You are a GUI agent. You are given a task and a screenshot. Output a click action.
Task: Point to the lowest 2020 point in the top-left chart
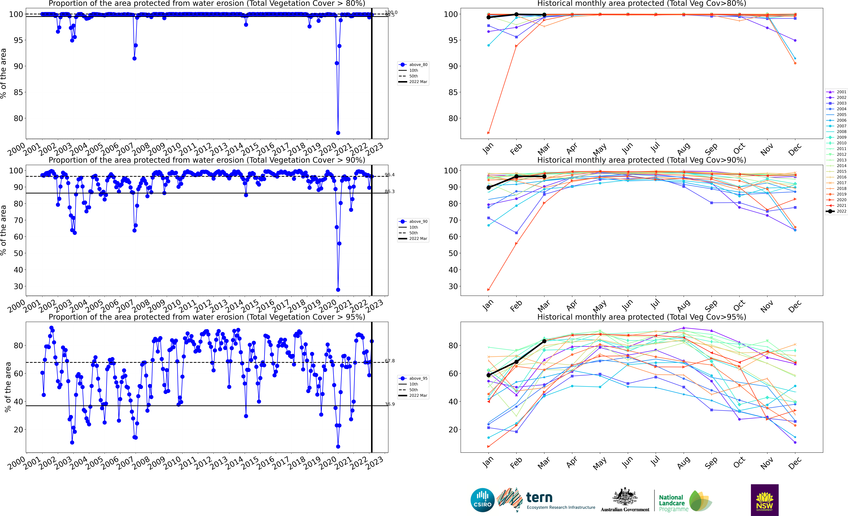338,133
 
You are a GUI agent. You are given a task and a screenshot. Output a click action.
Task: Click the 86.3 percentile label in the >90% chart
390,192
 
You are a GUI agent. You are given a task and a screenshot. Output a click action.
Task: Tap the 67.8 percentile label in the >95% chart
390,361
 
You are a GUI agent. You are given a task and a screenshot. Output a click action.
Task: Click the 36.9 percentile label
390,404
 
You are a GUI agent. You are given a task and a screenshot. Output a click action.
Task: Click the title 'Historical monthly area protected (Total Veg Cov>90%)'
642,160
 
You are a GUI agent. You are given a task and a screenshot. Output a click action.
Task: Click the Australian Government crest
625,497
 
